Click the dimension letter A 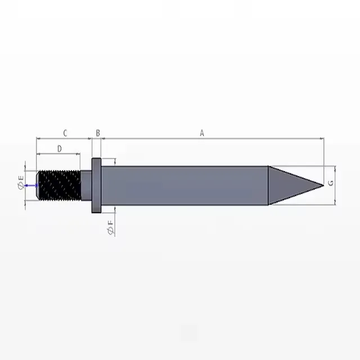(202, 133)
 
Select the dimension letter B (98, 133)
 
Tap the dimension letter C (65, 133)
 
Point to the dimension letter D (59, 148)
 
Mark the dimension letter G (331, 184)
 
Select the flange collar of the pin (96, 185)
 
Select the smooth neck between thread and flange (86, 185)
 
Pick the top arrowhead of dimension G (335, 168)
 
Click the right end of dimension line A (323, 138)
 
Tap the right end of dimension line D (80, 153)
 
